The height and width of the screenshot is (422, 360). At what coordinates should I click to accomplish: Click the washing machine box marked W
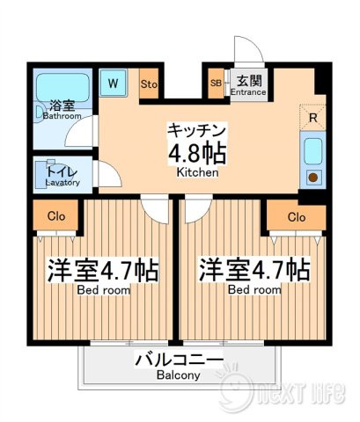pyautogui.click(x=113, y=83)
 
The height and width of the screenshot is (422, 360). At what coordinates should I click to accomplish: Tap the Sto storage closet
pyautogui.click(x=149, y=84)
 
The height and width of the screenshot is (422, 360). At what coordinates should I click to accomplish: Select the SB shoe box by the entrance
pyautogui.click(x=217, y=84)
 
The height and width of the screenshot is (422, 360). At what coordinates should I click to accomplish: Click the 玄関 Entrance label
pyautogui.click(x=248, y=85)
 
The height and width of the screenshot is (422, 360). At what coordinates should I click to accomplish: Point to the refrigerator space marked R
pyautogui.click(x=312, y=117)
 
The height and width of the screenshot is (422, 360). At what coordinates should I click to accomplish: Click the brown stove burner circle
pyautogui.click(x=313, y=178)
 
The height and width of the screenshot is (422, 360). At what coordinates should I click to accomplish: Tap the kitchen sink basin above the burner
pyautogui.click(x=313, y=151)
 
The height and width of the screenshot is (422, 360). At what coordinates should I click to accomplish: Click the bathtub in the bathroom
pyautogui.click(x=62, y=88)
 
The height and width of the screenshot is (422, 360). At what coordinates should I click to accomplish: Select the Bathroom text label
pyautogui.click(x=62, y=116)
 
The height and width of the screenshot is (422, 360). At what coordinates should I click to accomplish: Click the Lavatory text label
pyautogui.click(x=62, y=182)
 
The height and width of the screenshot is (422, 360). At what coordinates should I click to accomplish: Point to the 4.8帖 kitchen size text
pyautogui.click(x=197, y=153)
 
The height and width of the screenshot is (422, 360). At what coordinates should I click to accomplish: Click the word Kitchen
pyautogui.click(x=197, y=172)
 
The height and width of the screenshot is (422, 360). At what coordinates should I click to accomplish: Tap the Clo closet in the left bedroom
pyautogui.click(x=55, y=215)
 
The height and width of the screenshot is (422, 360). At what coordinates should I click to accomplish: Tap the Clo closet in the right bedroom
pyautogui.click(x=297, y=217)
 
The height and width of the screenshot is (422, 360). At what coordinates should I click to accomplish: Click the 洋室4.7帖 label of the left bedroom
pyautogui.click(x=103, y=270)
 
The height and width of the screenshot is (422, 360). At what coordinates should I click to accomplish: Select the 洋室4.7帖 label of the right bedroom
pyautogui.click(x=254, y=270)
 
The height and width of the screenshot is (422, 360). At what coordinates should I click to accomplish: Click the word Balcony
pyautogui.click(x=179, y=375)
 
